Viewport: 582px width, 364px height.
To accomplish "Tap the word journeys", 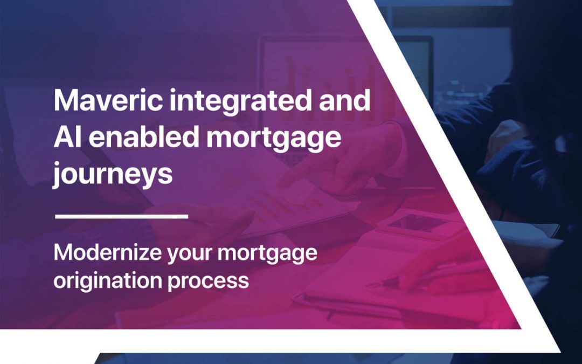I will click(x=113, y=175).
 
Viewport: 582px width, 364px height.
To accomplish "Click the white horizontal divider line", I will click(x=121, y=216).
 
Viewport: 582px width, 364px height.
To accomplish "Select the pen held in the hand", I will click(x=388, y=281).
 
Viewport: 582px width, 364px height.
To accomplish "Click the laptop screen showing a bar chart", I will click(x=323, y=81).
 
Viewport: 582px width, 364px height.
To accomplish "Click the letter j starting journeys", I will click(x=57, y=175).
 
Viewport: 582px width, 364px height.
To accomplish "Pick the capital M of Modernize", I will click(x=62, y=253).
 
